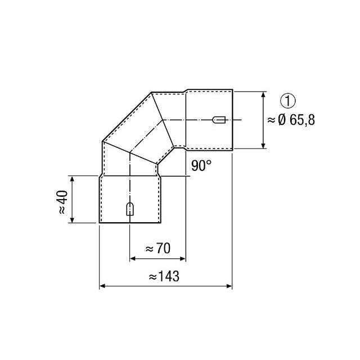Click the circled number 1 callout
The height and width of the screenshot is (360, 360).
287,101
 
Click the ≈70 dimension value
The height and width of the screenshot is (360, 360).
157,247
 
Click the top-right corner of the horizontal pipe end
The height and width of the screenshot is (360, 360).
232,89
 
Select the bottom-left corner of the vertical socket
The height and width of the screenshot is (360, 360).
100,224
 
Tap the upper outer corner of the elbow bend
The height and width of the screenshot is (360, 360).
152,92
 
